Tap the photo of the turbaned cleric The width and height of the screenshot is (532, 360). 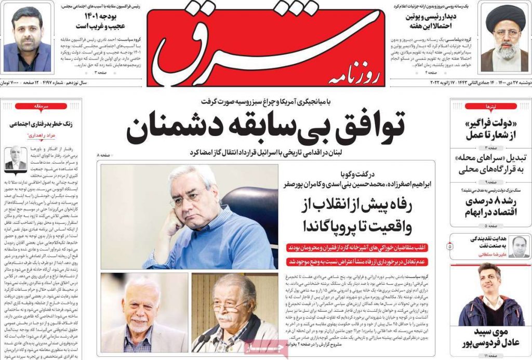503,38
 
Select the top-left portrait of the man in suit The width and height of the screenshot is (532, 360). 27,38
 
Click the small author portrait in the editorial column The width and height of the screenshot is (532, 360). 15,158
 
